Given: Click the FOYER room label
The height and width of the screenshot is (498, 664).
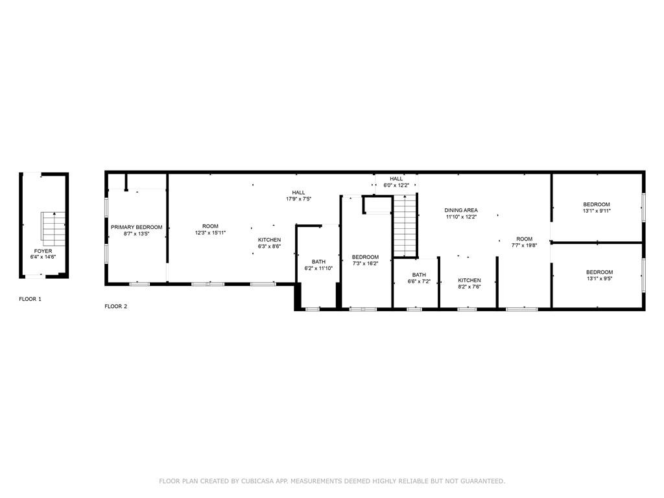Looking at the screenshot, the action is pyautogui.click(x=43, y=251).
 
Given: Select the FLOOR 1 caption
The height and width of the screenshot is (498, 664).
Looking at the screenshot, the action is pyautogui.click(x=30, y=299).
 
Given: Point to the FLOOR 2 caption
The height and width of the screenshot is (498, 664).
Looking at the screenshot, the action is pyautogui.click(x=115, y=306).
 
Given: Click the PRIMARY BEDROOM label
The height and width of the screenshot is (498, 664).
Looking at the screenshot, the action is pyautogui.click(x=136, y=228).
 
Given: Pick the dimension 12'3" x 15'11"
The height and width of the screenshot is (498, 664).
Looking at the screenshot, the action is pyautogui.click(x=210, y=233).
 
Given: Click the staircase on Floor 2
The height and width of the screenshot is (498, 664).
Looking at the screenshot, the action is pyautogui.click(x=405, y=226).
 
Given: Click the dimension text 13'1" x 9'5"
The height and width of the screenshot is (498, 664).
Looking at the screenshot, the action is pyautogui.click(x=599, y=279).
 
